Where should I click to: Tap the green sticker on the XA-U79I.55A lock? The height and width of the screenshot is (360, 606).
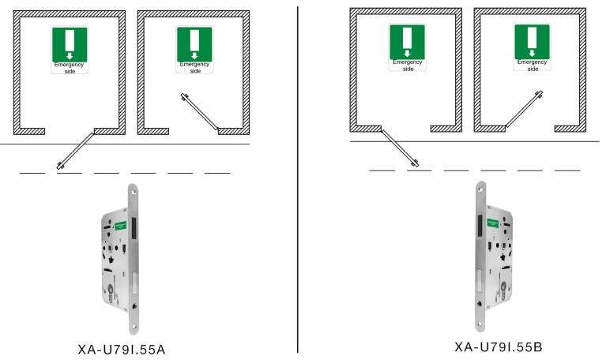121,224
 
